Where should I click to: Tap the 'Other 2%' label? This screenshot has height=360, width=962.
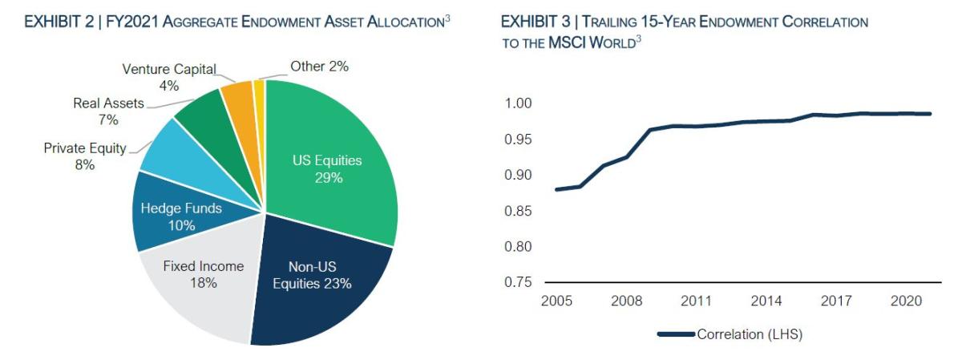click(319, 67)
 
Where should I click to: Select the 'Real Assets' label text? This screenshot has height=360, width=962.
click(108, 103)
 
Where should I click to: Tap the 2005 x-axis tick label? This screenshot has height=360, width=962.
click(556, 301)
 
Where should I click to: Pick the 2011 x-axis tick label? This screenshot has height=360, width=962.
click(695, 301)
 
